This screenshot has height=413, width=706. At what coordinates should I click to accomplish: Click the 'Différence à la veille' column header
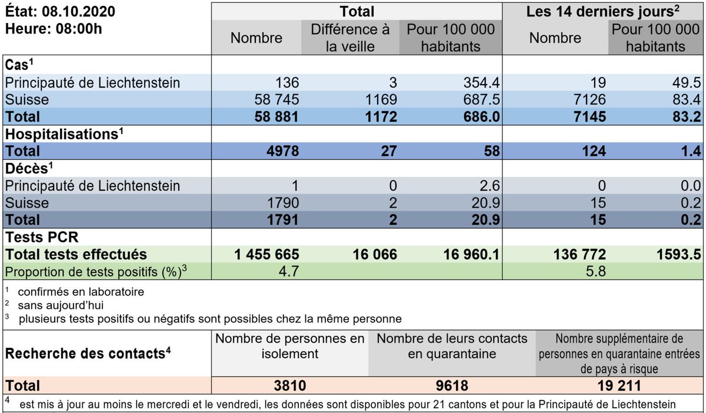[350, 38]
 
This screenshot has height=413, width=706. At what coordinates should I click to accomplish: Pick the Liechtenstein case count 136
[287, 82]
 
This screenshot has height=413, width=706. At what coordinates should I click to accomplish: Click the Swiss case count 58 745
[271, 99]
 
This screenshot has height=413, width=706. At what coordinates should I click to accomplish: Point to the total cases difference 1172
[378, 116]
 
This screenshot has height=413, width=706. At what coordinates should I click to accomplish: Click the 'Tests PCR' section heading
[41, 237]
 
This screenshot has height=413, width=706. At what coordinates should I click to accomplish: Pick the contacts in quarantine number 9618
[452, 385]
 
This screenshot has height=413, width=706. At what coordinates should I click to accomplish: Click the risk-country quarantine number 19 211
[618, 385]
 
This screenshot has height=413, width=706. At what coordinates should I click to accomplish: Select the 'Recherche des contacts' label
[82, 354]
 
